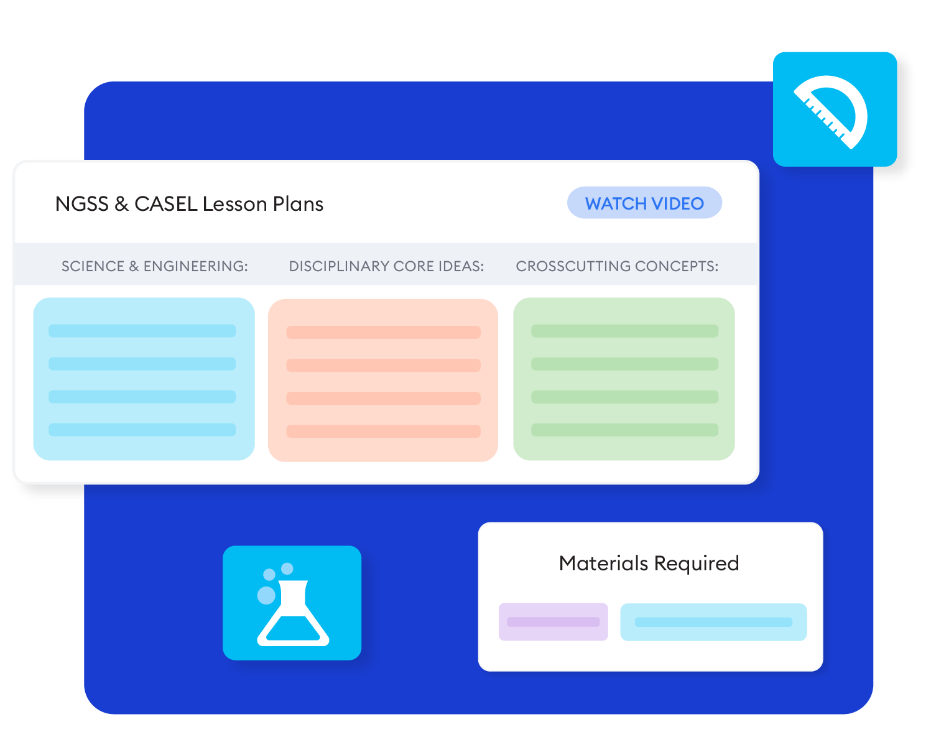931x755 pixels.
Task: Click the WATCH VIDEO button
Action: point(644,203)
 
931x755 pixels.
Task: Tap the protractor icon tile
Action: point(835,109)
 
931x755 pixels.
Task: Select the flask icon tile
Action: point(292,603)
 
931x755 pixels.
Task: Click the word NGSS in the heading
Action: point(81,204)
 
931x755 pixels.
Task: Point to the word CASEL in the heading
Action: point(165,204)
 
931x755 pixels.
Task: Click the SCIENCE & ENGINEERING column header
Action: point(154,266)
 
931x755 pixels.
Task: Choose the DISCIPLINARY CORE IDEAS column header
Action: point(386,266)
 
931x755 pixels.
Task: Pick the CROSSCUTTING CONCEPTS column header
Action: point(617,266)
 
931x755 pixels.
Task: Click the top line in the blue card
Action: point(142,331)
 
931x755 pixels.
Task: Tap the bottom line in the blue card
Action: point(142,430)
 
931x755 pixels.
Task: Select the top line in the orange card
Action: point(383,333)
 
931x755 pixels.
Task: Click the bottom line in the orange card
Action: point(383,432)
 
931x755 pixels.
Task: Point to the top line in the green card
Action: point(624,331)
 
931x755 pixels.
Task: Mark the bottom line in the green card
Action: point(624,430)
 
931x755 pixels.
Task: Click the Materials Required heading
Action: point(649,563)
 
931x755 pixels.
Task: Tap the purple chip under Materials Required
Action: point(553,622)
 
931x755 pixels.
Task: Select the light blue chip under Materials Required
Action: point(713,622)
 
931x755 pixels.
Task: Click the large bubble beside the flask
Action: point(266,595)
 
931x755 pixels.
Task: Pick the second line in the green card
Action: point(624,364)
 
